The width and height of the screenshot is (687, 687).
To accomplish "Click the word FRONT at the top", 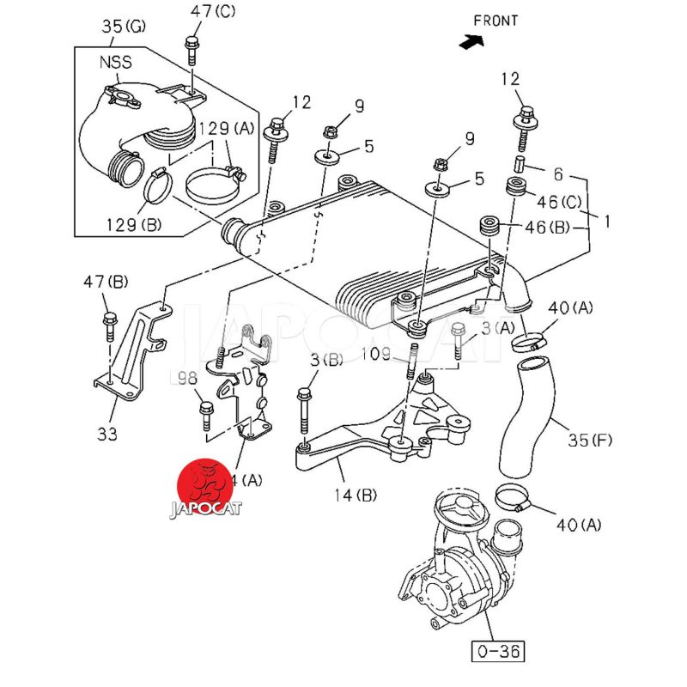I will [495, 21].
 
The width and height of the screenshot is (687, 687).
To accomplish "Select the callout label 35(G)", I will [125, 27].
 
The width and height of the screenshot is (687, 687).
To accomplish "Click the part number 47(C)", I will [213, 11].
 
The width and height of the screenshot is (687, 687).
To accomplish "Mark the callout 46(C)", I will [559, 203].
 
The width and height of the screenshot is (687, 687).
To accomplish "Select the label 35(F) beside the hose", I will [590, 441].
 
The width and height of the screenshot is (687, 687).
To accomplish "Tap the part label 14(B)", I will [356, 494].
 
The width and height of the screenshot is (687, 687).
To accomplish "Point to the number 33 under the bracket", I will [106, 435].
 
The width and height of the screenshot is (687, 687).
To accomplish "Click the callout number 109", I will [375, 353].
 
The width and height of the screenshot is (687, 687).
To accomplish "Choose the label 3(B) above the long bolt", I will [325, 360].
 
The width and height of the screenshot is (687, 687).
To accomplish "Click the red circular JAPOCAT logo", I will [204, 486].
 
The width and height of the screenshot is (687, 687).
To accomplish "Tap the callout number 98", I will [186, 378].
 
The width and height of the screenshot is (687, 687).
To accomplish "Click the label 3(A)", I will [498, 326].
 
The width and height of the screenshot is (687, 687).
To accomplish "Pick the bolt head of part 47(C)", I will [191, 42].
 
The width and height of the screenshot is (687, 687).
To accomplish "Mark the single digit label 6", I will [558, 174].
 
